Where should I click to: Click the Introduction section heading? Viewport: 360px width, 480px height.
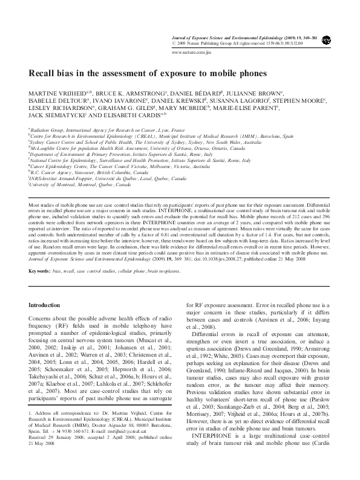(x=47, y=306)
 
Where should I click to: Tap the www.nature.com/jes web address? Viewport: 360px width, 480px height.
(x=192, y=53)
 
